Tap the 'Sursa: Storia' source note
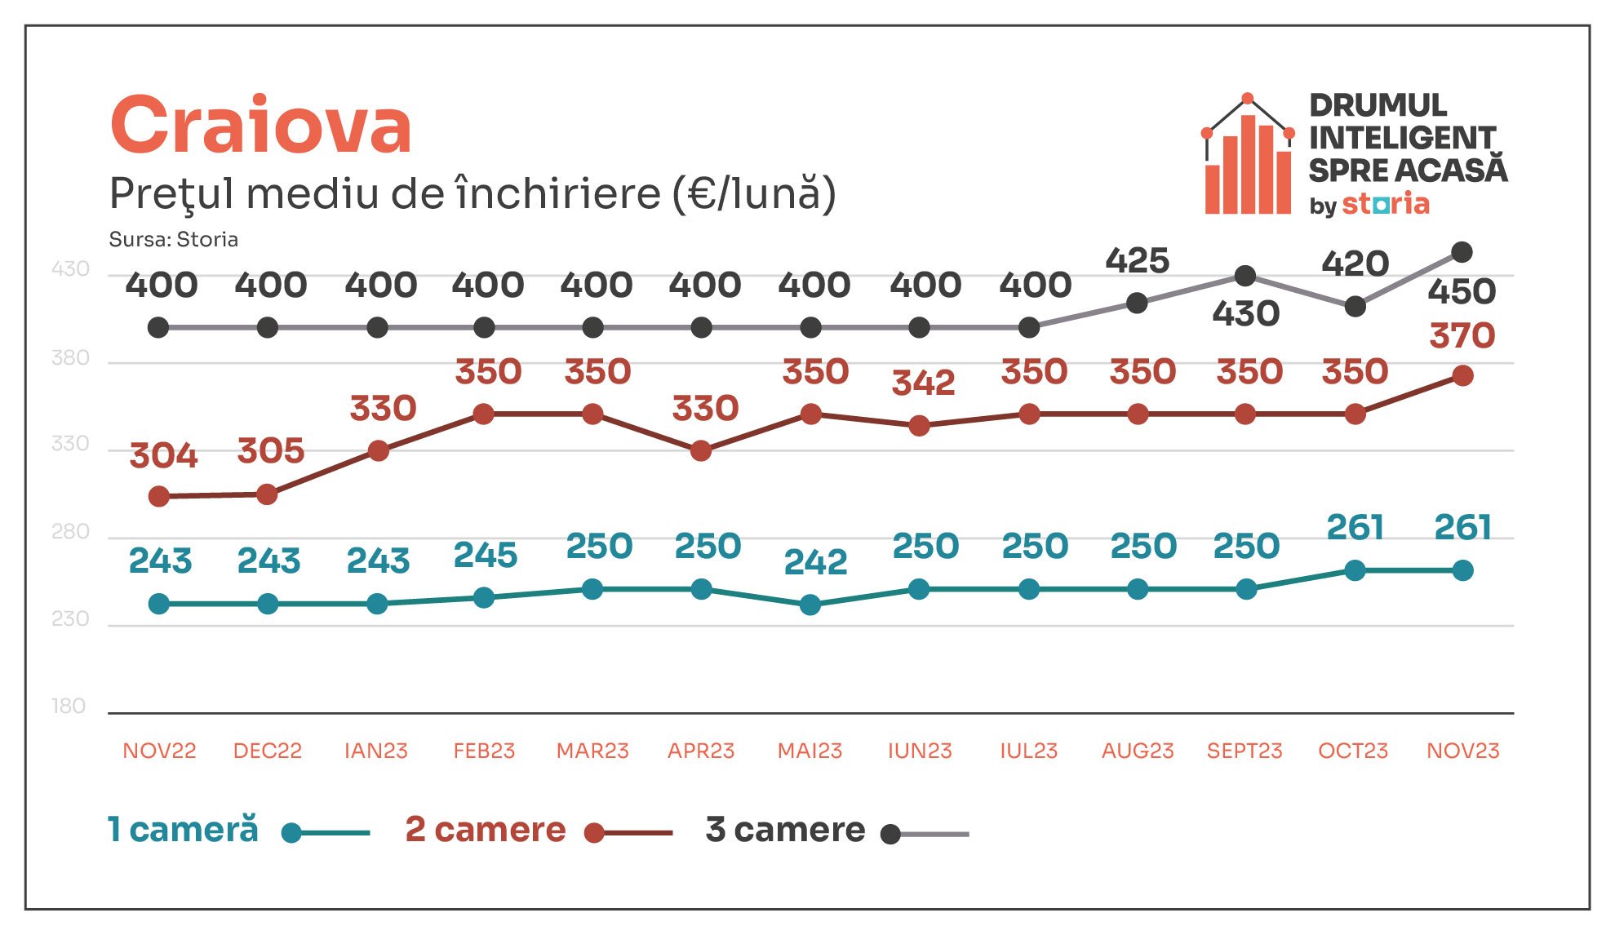[173, 239]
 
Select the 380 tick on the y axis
[70, 357]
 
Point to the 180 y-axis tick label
[69, 706]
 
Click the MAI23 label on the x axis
[810, 751]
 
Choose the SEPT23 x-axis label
[1245, 751]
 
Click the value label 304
[163, 455]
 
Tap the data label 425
[1138, 260]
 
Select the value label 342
[923, 383]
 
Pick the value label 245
[486, 556]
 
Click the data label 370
[1462, 335]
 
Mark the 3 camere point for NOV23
[1462, 252]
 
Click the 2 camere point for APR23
[701, 450]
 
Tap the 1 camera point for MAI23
[810, 605]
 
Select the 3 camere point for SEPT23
[1245, 276]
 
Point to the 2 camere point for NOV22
[159, 496]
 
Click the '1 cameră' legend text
[184, 830]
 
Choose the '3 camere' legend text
[785, 830]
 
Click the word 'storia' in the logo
[1386, 203]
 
